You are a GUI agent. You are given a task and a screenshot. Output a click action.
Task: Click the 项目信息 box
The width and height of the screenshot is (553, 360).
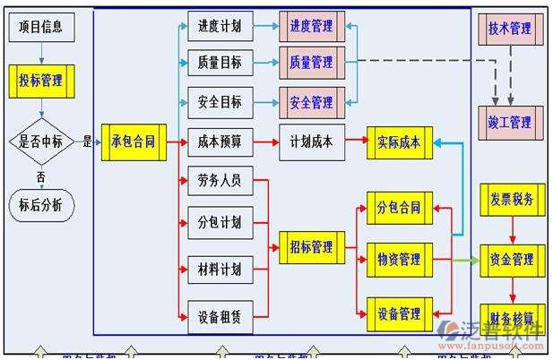[x=40, y=26]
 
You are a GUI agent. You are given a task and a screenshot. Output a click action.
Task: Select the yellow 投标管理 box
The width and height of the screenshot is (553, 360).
[x=40, y=81]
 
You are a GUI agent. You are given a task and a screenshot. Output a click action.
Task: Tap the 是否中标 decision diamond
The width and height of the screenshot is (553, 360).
[x=41, y=141]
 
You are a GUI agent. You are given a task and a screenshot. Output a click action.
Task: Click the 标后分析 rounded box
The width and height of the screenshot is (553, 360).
[x=40, y=204]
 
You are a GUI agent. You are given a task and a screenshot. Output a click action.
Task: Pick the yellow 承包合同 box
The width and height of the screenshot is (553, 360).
[x=133, y=141]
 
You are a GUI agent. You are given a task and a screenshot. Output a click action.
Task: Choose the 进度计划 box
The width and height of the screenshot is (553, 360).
[x=220, y=27]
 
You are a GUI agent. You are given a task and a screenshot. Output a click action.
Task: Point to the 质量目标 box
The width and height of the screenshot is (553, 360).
[x=220, y=63]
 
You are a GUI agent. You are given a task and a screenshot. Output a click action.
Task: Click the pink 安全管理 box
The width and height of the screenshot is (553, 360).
[x=311, y=102]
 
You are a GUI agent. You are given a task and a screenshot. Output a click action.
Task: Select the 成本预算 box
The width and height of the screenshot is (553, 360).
[x=220, y=141]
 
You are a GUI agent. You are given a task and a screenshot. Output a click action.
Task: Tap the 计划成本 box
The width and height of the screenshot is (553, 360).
[x=311, y=141]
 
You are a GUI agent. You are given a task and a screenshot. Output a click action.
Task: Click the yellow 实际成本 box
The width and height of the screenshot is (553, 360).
[x=400, y=141]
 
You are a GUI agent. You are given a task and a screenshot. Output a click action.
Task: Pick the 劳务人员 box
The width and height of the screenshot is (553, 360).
[x=220, y=181]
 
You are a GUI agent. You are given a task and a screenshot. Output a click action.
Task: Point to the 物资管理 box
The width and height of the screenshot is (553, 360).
[x=400, y=260]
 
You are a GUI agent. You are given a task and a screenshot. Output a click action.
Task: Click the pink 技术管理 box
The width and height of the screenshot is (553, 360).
[x=509, y=29]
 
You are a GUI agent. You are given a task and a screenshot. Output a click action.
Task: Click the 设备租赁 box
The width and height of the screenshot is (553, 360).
[x=220, y=315]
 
